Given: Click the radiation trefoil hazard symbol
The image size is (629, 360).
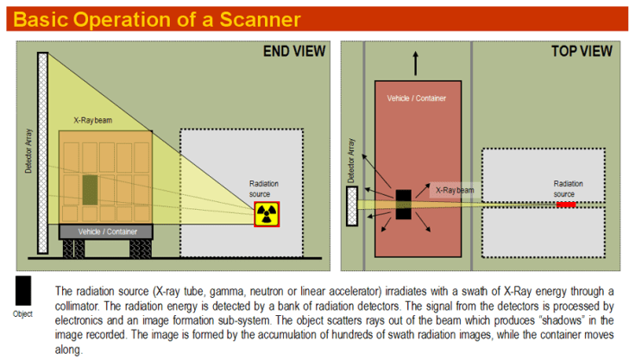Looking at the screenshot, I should tap(267, 214).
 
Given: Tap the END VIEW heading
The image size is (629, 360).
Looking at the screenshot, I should tap(294, 52).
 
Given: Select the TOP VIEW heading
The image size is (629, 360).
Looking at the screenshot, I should tap(582, 52).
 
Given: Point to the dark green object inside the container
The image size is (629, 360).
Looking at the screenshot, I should tap(90, 190).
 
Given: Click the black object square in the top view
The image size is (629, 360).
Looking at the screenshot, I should tap(405, 204).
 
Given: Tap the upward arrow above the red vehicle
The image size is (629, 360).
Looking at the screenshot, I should tap(416, 63).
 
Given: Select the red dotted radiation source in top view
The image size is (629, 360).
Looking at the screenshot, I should tap(565, 205).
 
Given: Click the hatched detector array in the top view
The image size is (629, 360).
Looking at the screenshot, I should tap(352, 206).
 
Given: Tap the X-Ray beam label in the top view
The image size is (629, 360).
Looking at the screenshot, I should tap(455, 189).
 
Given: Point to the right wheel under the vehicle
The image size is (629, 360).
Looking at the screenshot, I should tap(141, 248).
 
